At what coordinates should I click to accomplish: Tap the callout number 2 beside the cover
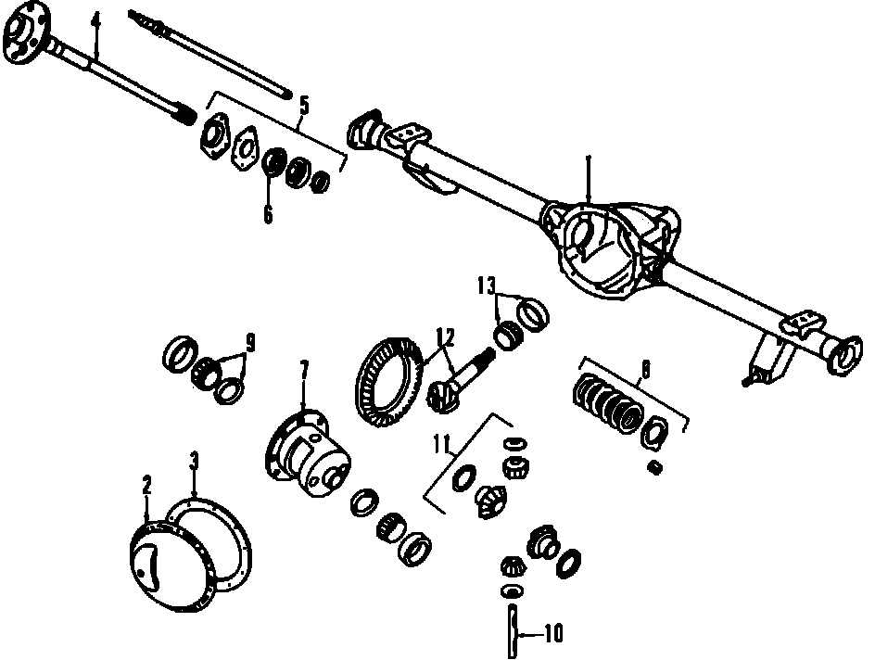point(146,484)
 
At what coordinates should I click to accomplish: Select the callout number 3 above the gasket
point(194,461)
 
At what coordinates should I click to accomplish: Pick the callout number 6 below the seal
point(268,214)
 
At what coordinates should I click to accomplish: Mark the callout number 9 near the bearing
point(249,342)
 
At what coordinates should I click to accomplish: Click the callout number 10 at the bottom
point(553,635)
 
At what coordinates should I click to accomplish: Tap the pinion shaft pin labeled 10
point(512,629)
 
